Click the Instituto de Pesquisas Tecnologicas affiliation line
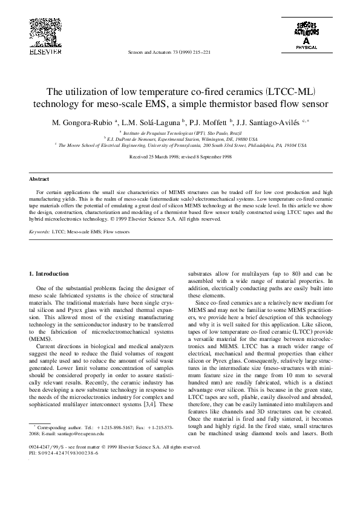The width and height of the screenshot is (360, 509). (x=182, y=132)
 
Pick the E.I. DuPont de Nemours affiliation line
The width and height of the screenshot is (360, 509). (x=182, y=139)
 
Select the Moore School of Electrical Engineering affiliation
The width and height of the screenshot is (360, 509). (x=182, y=146)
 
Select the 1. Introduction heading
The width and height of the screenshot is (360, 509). (x=52, y=274)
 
